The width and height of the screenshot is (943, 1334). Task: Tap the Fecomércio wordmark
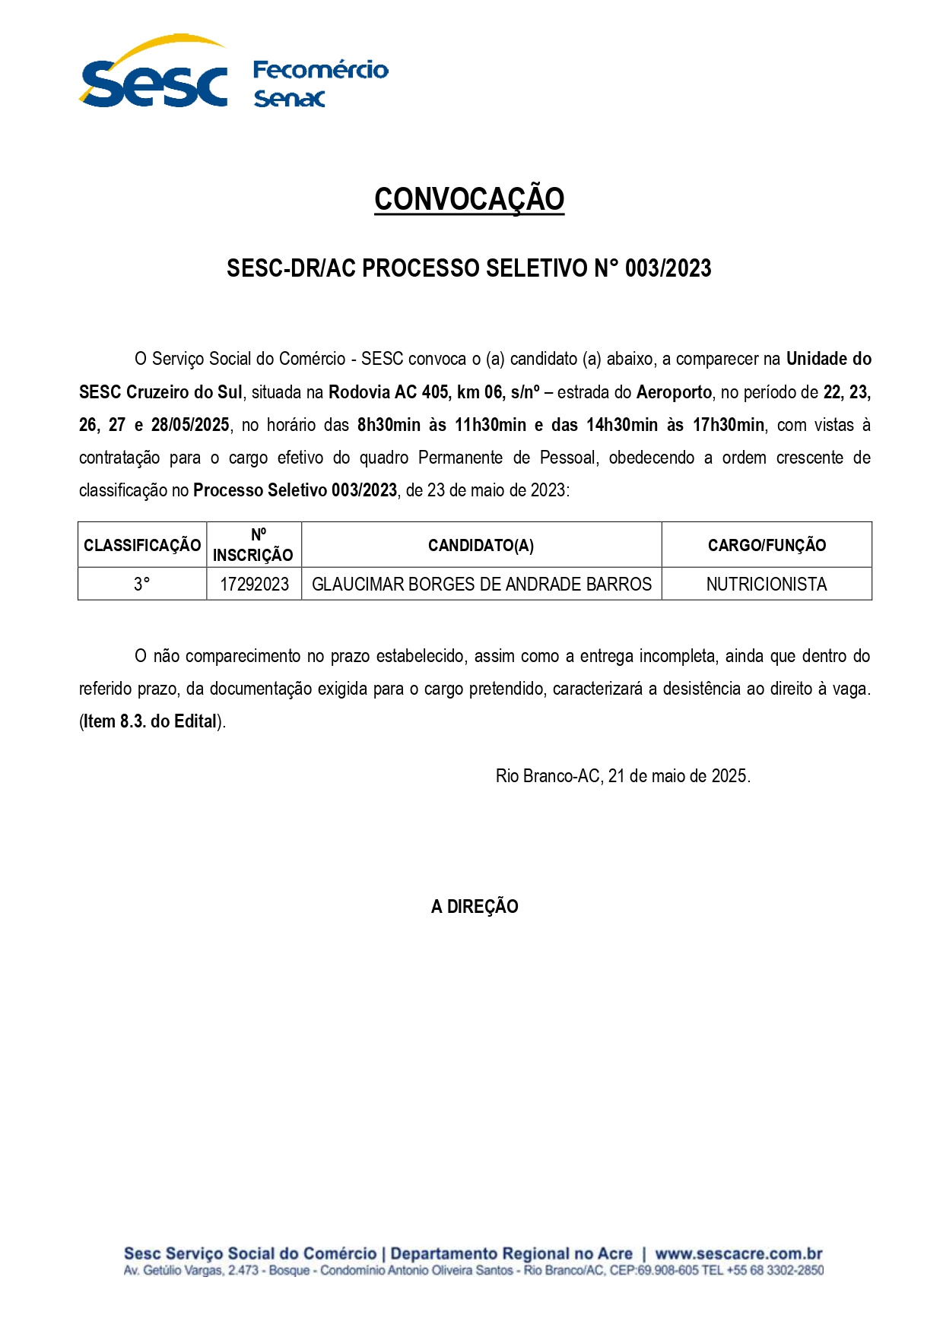pyautogui.click(x=320, y=70)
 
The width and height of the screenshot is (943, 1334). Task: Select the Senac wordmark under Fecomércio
pyautogui.click(x=289, y=99)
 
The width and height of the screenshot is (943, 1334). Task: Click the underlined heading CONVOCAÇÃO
pyautogui.click(x=469, y=199)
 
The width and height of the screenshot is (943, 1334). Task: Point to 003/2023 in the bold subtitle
pyautogui.click(x=668, y=268)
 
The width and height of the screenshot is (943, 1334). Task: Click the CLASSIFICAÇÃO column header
pyautogui.click(x=142, y=545)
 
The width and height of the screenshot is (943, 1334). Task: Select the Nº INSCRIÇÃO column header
pyautogui.click(x=253, y=545)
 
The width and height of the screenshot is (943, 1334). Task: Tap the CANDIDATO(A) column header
pyautogui.click(x=481, y=545)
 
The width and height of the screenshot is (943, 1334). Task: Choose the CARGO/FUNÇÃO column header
pyautogui.click(x=767, y=545)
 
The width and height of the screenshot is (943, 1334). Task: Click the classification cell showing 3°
pyautogui.click(x=142, y=585)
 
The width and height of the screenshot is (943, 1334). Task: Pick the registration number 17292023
pyautogui.click(x=254, y=585)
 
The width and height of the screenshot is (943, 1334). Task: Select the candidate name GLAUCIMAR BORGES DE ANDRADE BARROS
pyautogui.click(x=481, y=585)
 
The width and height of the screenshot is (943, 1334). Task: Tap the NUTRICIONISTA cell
pyautogui.click(x=767, y=585)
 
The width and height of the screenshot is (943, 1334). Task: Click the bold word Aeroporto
pyautogui.click(x=674, y=392)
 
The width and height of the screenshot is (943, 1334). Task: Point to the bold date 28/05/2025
pyautogui.click(x=190, y=425)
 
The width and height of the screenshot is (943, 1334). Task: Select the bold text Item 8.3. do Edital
pyautogui.click(x=151, y=721)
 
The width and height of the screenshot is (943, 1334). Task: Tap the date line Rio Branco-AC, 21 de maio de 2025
pyautogui.click(x=623, y=776)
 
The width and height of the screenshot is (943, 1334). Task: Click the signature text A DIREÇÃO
pyautogui.click(x=475, y=906)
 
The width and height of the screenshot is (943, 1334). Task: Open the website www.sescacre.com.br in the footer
pyautogui.click(x=738, y=1253)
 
